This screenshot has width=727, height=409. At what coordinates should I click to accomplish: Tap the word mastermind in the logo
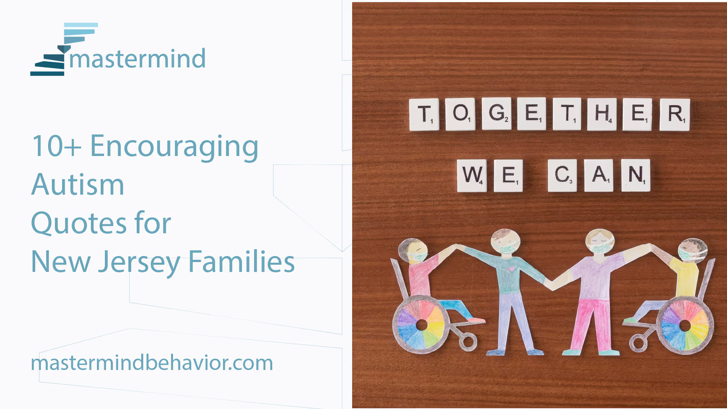click(x=137, y=59)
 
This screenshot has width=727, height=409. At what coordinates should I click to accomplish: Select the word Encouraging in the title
click(x=174, y=147)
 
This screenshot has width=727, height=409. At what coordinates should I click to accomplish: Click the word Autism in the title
click(x=78, y=184)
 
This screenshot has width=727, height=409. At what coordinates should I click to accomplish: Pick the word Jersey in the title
click(x=139, y=262)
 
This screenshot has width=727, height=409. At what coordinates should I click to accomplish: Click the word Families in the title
click(x=242, y=261)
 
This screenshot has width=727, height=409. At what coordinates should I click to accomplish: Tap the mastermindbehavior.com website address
click(x=152, y=363)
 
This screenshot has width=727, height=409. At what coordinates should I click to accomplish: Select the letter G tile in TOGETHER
click(x=497, y=114)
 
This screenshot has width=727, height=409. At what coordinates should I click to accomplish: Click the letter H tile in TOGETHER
click(x=602, y=114)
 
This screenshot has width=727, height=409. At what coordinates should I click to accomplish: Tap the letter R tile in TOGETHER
click(x=675, y=115)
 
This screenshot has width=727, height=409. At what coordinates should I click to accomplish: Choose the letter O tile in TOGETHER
click(x=460, y=114)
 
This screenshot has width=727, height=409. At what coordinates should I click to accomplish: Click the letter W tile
click(x=472, y=175)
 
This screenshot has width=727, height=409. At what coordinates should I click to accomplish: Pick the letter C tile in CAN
click(x=562, y=175)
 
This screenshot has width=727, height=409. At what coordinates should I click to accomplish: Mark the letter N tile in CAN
click(x=636, y=175)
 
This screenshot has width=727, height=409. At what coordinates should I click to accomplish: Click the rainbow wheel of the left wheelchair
click(x=421, y=325)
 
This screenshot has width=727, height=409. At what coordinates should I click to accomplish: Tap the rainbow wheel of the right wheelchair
click(x=685, y=325)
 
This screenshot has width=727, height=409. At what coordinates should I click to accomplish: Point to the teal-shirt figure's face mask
click(x=505, y=248)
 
